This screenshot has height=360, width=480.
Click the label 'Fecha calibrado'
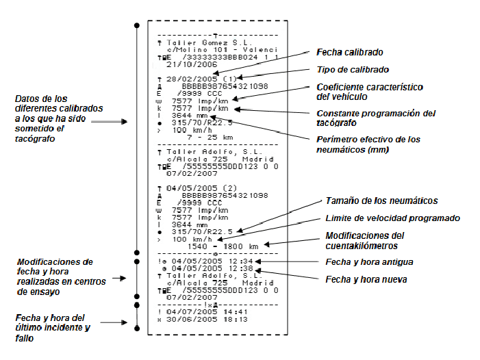click(349, 52)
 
